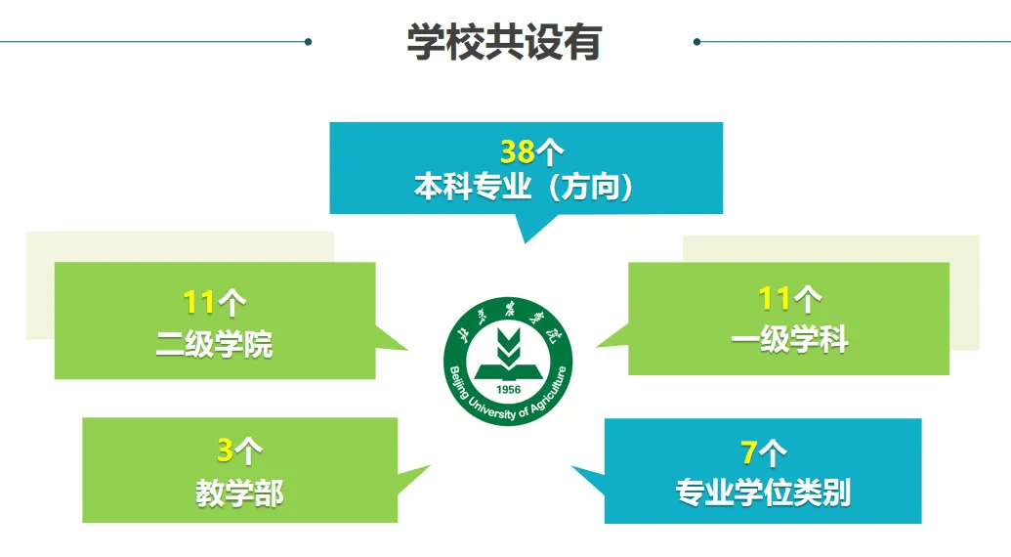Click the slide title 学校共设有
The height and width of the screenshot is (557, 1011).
504,43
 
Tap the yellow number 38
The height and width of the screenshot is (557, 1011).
518,152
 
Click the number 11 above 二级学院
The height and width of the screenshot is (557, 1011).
198,302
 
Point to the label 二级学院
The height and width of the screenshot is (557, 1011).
214,344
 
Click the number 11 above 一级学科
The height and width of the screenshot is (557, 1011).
774,298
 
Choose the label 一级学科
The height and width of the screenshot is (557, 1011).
789,339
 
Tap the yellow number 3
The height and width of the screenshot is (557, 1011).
225,450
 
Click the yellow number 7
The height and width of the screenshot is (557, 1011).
748,451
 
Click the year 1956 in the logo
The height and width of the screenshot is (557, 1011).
508,389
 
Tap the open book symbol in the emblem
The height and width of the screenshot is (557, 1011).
508,372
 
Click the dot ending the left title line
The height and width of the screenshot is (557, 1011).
309,42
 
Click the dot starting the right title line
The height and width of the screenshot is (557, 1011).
697,42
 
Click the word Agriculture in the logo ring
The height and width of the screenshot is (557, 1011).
549,391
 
